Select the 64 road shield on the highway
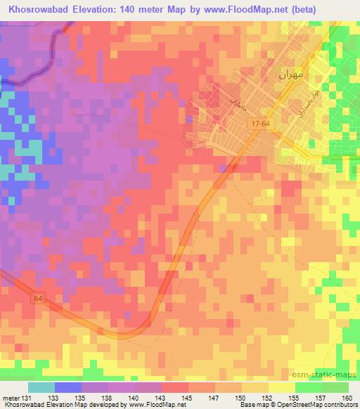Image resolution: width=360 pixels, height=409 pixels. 37,299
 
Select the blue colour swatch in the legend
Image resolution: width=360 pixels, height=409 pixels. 67,387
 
